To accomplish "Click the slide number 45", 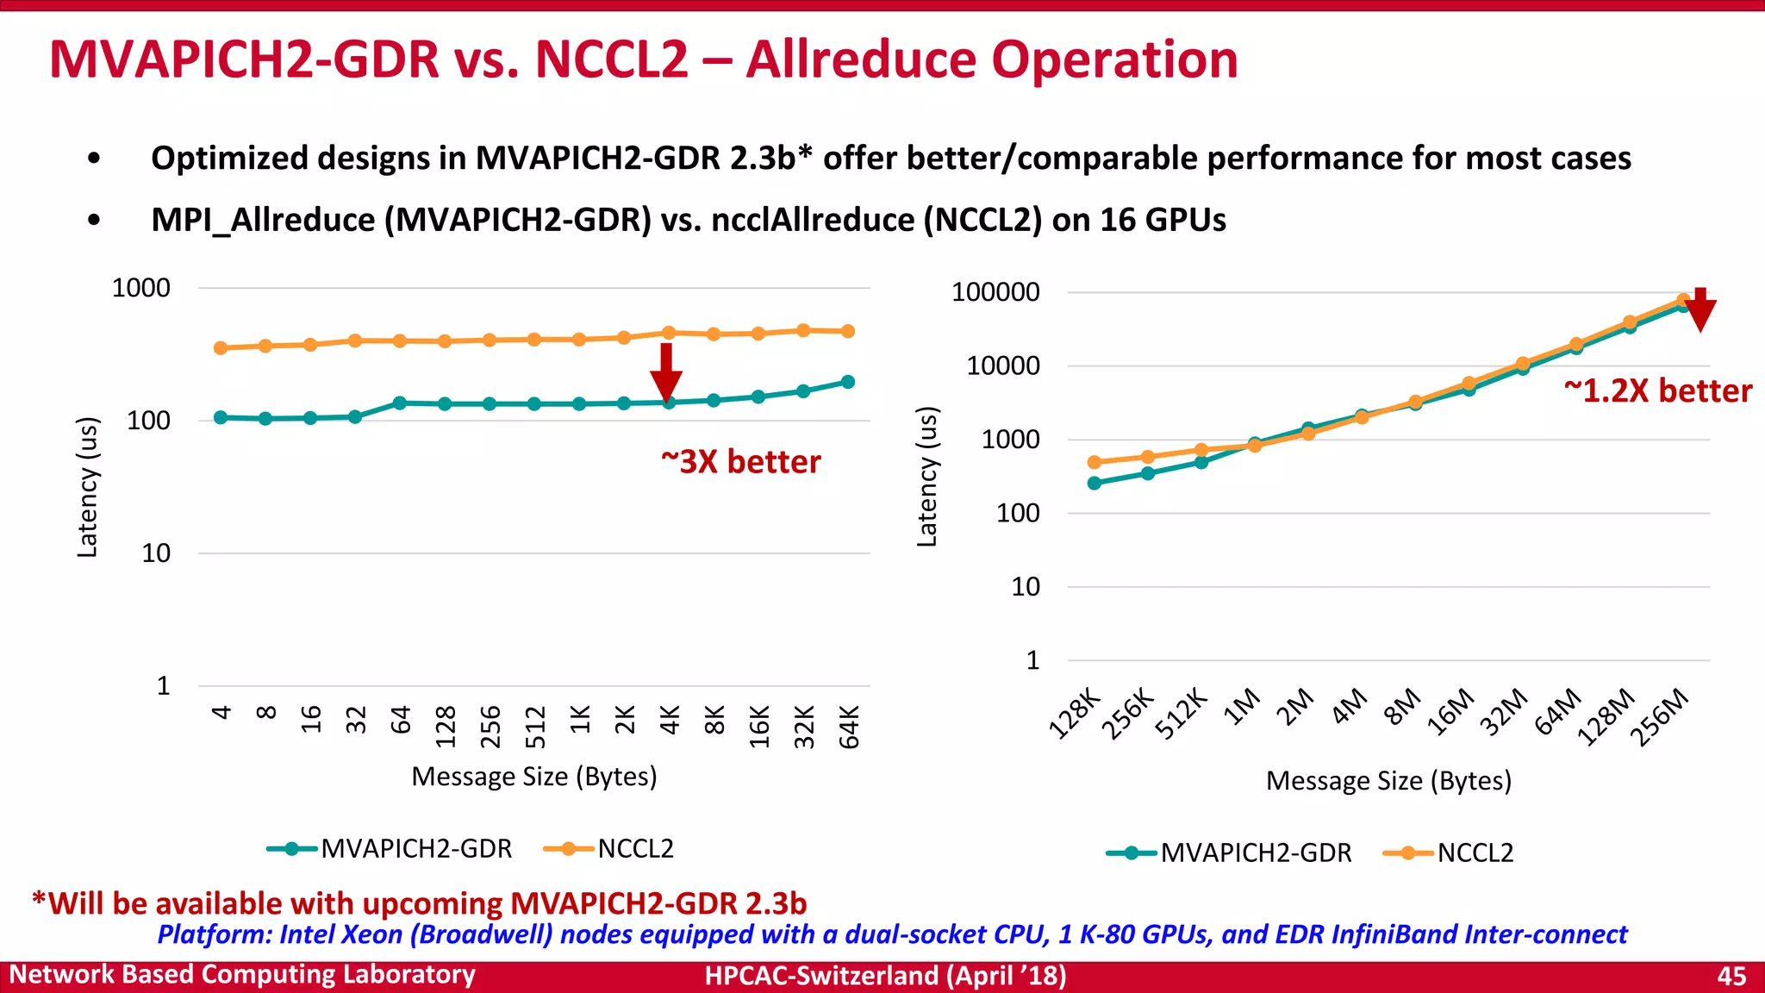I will pos(1731,976).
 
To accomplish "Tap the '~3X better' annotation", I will pos(740,462).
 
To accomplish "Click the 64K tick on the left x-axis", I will pos(849,727).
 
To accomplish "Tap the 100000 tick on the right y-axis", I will pos(995,292).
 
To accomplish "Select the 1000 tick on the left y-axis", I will pos(141,288).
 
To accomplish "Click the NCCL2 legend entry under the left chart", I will pos(609,849).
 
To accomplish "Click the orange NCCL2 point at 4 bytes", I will pos(221,348).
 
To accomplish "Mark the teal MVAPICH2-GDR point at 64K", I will pos(848,382).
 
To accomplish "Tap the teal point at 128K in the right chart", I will pos(1095,484).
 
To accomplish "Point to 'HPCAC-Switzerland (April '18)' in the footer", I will pos(885,976).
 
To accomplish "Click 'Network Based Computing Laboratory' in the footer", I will pos(242,975).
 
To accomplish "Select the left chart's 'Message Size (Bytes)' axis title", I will pos(534,777).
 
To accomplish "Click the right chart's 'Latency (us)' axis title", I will pos(926,477).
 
